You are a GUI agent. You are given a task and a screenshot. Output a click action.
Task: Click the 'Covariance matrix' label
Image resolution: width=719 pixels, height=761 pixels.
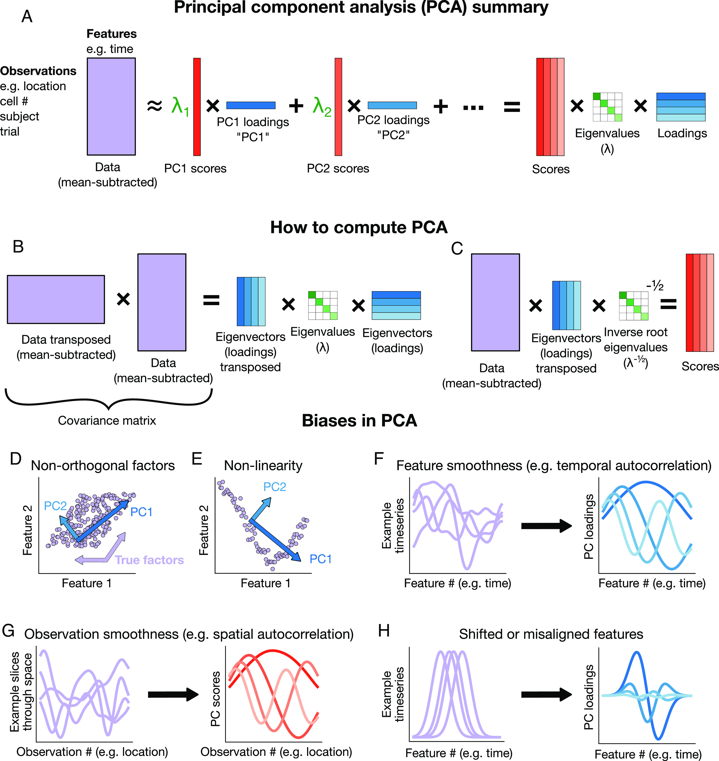click(x=107, y=421)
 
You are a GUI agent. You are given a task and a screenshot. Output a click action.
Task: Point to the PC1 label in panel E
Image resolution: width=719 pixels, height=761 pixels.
click(x=320, y=559)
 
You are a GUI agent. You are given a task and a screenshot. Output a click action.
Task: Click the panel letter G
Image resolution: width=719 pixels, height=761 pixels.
click(x=8, y=631)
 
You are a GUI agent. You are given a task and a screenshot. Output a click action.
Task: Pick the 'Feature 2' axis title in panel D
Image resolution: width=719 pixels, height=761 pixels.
click(x=27, y=530)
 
